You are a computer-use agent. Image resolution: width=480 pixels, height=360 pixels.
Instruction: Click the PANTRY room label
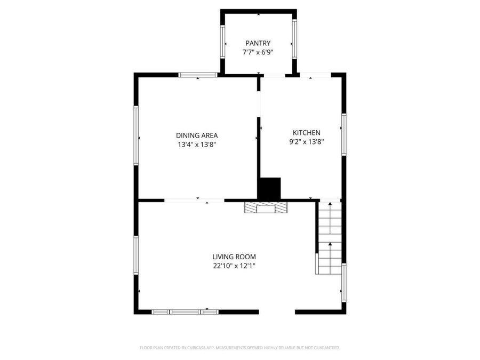pos(258,44)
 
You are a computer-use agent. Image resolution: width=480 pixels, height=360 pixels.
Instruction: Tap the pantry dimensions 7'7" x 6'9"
pos(258,52)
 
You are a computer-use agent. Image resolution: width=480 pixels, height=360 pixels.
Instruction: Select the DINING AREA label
pos(197,135)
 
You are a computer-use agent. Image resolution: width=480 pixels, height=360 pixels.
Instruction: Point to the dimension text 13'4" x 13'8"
pos(197,145)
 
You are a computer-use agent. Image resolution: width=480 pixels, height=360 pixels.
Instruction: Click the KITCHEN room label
pos(307,133)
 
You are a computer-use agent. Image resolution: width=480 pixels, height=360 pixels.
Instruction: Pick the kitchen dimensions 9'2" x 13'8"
pos(307,142)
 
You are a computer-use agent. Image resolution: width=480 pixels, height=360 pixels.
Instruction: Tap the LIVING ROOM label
pos(234,257)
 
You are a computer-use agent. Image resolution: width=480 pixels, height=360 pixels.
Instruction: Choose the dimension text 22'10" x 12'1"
pos(234,266)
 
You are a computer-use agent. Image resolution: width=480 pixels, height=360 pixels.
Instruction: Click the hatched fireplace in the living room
pos(266,207)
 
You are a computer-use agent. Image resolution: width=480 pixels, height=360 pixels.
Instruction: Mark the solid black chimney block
pos(269,189)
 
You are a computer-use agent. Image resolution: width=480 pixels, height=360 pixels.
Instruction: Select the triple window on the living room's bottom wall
pos(185,312)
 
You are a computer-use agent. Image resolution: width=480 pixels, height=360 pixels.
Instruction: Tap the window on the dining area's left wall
pos(136,135)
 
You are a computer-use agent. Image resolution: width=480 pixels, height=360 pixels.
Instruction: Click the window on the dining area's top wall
pos(198,75)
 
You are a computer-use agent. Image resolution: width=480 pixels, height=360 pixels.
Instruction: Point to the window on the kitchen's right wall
pos(344,134)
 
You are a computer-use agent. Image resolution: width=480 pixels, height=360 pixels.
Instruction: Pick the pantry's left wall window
pos(222,42)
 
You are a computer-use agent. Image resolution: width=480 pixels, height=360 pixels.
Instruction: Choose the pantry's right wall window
pos(294,39)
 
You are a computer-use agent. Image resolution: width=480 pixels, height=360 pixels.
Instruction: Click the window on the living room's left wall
pos(136,255)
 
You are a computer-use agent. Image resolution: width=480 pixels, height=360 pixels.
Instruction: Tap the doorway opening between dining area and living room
pos(194,201)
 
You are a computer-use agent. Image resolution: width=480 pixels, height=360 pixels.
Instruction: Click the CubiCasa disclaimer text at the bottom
pos(239,348)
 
